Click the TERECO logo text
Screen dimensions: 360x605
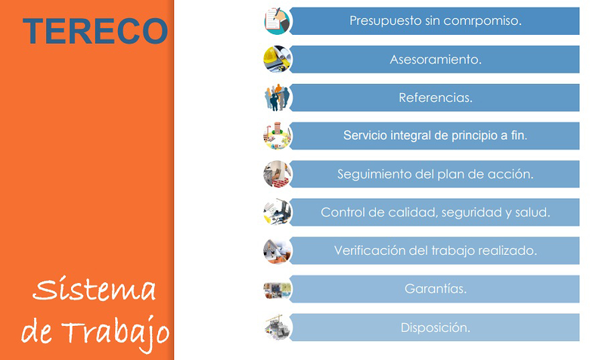point(95,30)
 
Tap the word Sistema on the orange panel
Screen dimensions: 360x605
point(95,290)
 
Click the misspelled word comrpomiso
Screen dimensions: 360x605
point(486,20)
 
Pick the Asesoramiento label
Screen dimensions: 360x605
point(436,59)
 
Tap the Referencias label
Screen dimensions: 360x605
point(436,98)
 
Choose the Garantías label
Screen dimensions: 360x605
point(436,289)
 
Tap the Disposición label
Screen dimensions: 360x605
point(436,327)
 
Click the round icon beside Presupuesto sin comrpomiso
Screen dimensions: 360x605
point(277,20)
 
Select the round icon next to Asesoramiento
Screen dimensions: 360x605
point(277,59)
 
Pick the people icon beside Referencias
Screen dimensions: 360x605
point(277,98)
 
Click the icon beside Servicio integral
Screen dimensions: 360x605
point(277,136)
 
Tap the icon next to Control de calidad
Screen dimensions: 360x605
point(277,213)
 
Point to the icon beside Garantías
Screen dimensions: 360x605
point(277,289)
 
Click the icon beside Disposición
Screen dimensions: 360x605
point(277,327)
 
